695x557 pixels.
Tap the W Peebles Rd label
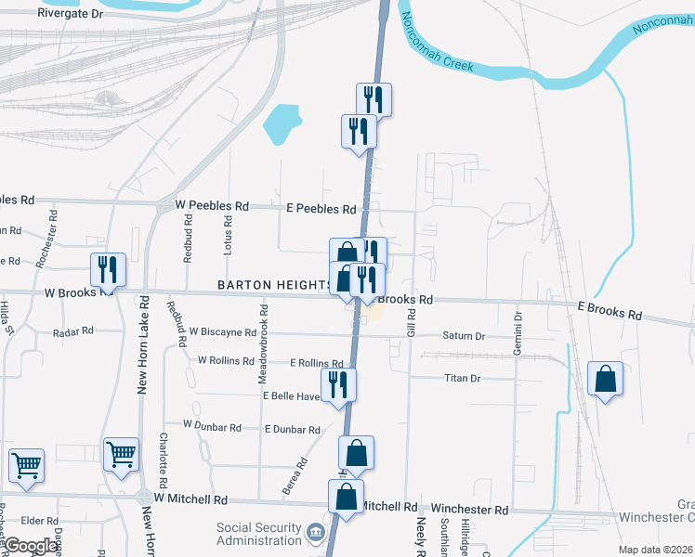pyautogui.click(x=212, y=205)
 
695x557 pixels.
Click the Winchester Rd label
pyautogui.click(x=469, y=510)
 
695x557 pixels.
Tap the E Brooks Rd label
pyautogui.click(x=610, y=310)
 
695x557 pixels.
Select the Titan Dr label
pyautogui.click(x=462, y=378)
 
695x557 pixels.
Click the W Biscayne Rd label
pyautogui.click(x=222, y=330)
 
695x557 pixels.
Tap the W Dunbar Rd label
pyautogui.click(x=212, y=425)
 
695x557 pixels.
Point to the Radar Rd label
pyautogui.click(x=73, y=330)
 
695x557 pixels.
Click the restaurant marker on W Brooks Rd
pyautogui.click(x=108, y=270)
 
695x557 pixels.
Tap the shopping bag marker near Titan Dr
pyautogui.click(x=605, y=379)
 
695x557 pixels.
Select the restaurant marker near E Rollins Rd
pyautogui.click(x=338, y=384)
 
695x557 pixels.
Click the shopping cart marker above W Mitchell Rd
pyautogui.click(x=122, y=455)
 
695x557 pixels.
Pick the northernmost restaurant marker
pyautogui.click(x=374, y=98)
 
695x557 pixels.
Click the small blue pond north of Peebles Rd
pyautogui.click(x=282, y=124)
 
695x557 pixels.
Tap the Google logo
pyautogui.click(x=31, y=546)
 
